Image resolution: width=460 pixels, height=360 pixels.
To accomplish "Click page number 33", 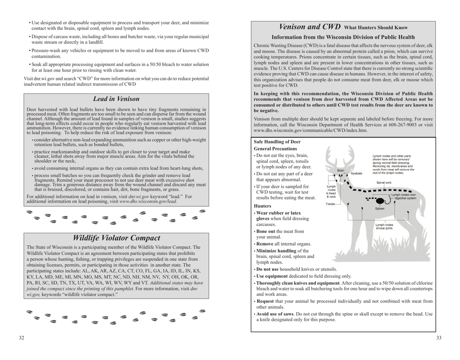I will pyautogui.click(x=438, y=338).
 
